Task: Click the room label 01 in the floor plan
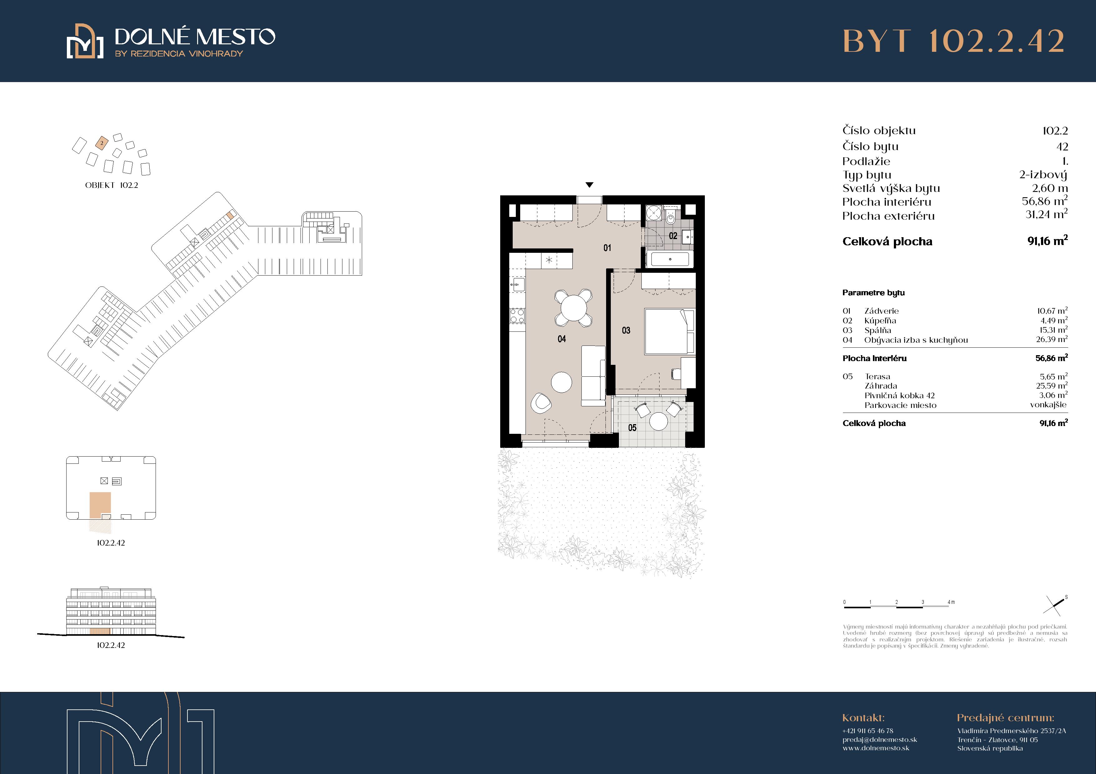(607, 248)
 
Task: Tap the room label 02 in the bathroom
(673, 236)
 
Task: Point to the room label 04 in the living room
(562, 339)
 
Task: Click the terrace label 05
(632, 428)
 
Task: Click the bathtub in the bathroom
(670, 259)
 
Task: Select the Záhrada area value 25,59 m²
(1052, 386)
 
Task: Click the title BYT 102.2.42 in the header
(954, 41)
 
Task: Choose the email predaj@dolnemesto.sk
(880, 740)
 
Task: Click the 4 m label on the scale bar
(951, 602)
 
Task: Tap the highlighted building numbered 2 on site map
(102, 143)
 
